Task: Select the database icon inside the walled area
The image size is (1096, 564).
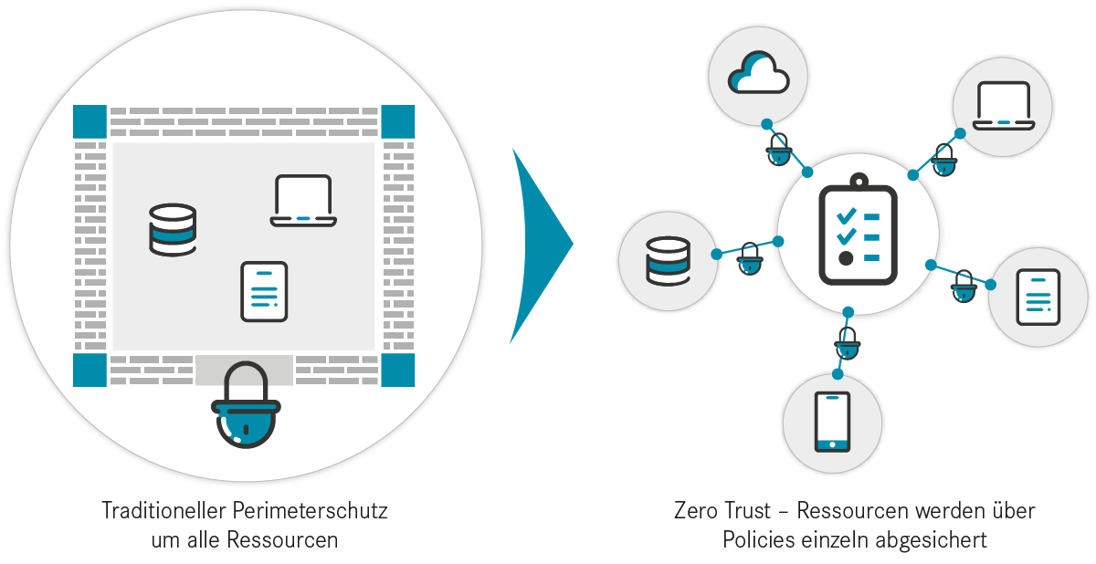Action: pos(173,230)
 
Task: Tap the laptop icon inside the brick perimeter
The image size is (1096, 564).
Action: pos(303,201)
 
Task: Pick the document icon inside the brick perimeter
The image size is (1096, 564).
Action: pos(264,292)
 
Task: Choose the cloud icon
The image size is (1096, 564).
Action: pos(758,73)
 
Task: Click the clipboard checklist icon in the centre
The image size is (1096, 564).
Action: pos(859,229)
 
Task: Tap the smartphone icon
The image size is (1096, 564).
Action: pos(832,422)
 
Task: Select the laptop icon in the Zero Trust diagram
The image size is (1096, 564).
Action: pos(1004,106)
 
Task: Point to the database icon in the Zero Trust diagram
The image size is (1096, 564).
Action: pos(668,261)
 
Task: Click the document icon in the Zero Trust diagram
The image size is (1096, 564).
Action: pos(1038,298)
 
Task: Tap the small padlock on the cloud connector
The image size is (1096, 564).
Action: pos(778,150)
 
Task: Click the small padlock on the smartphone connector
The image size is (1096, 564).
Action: pos(847,343)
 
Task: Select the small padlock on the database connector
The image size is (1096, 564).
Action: pos(750,259)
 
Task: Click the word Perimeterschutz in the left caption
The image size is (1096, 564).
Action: pos(310,511)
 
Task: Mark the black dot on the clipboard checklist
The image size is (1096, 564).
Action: pos(846,258)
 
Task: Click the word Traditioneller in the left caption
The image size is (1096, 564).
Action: pos(163,511)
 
